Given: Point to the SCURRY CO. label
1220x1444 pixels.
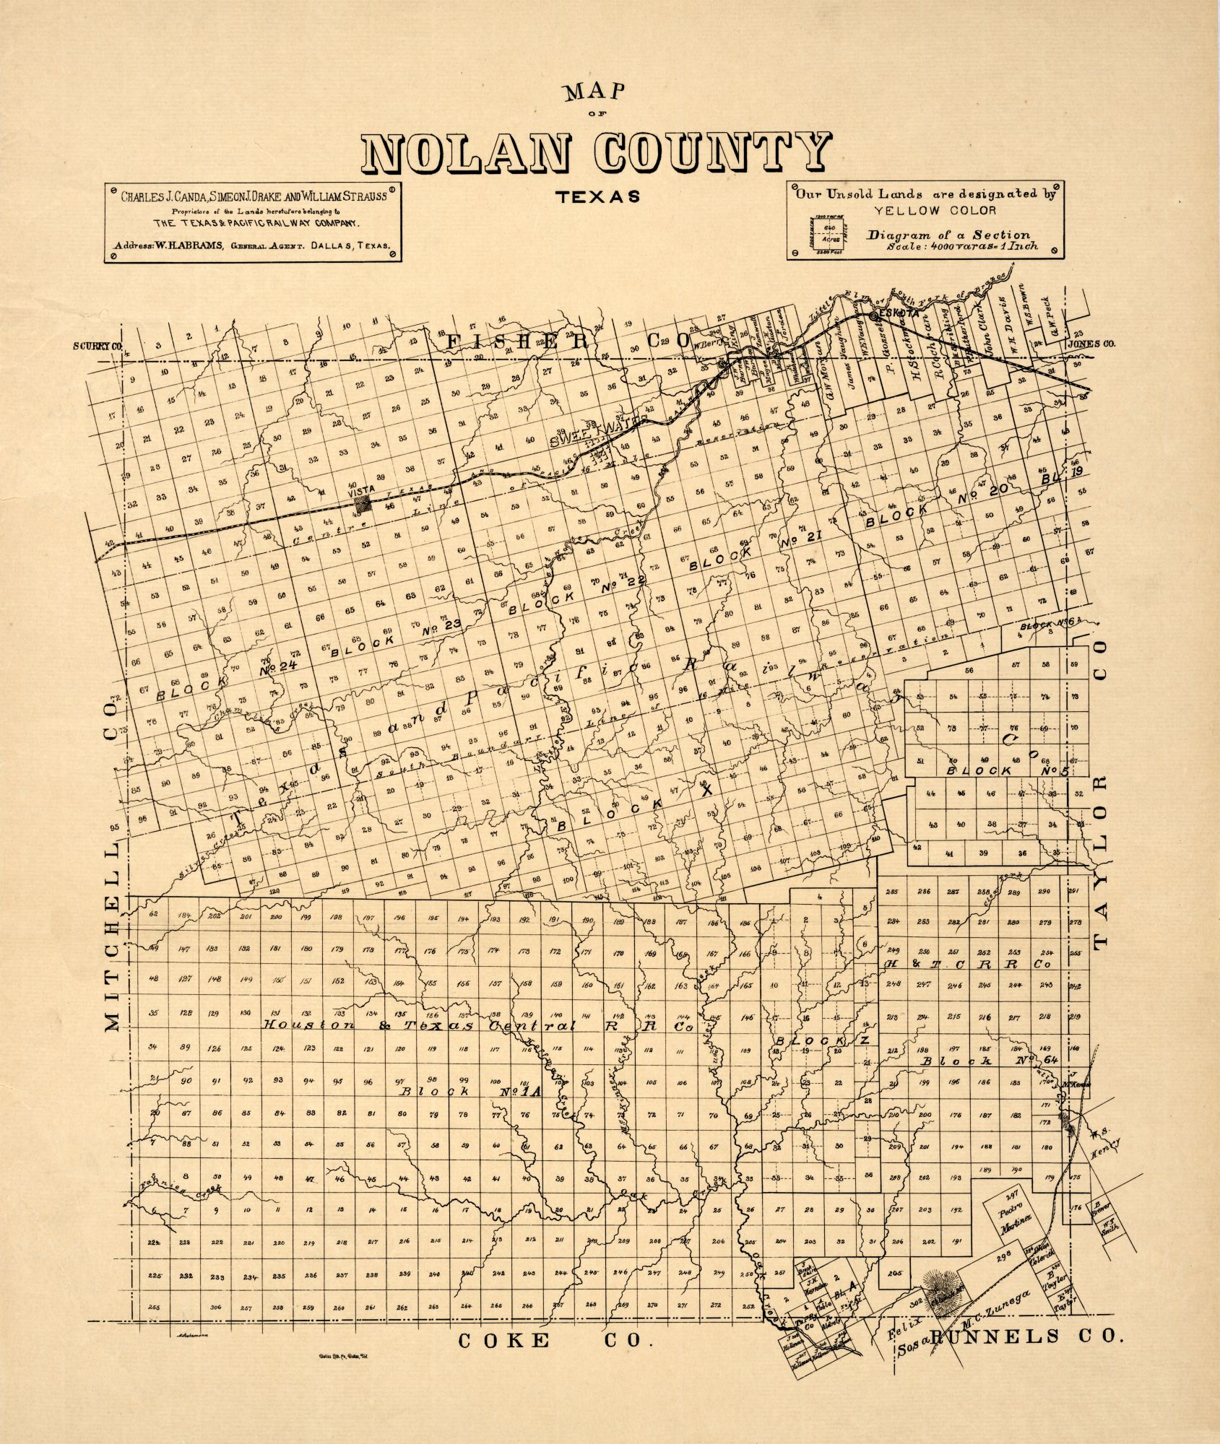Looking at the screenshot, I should (x=98, y=345).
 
